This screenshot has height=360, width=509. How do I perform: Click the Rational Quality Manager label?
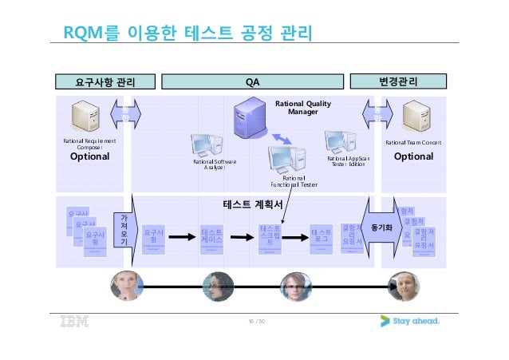(302, 108)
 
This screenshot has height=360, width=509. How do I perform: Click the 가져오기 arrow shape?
(125, 231)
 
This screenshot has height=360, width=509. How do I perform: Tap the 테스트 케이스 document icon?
(212, 237)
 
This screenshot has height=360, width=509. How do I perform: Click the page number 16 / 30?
(255, 322)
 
